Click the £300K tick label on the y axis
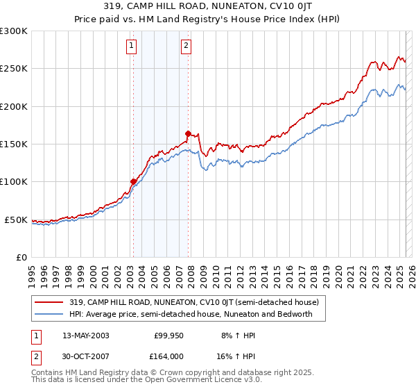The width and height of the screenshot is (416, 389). (14, 31)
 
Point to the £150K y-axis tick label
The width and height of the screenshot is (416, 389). (14, 144)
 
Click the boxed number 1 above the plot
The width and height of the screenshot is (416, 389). (132, 47)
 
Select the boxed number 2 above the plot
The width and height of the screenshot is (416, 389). (187, 47)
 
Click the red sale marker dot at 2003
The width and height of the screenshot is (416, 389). (133, 182)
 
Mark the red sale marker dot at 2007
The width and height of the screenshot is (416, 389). (188, 133)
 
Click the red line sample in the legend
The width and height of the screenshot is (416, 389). (49, 303)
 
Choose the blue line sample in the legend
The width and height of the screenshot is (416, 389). (49, 314)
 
